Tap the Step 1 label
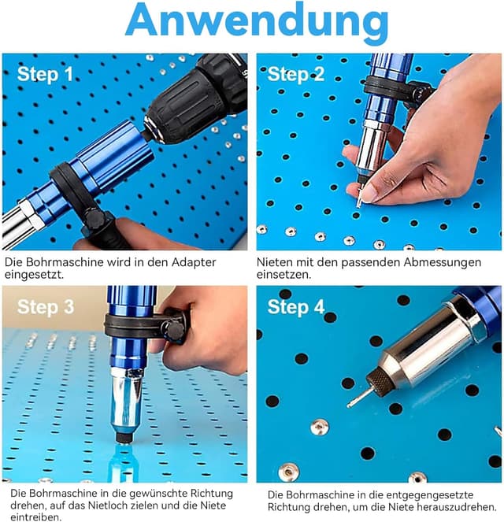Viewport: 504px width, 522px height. (45, 74)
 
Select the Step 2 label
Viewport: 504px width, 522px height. (295, 74)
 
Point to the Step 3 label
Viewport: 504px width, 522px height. (46, 306)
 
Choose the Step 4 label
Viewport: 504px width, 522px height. (295, 306)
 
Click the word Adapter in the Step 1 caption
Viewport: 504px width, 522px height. (194, 263)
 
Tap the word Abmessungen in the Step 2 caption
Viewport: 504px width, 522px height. (443, 263)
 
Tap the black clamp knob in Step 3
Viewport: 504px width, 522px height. (176, 330)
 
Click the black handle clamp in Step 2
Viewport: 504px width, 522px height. (398, 89)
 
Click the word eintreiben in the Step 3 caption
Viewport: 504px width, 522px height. (35, 517)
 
